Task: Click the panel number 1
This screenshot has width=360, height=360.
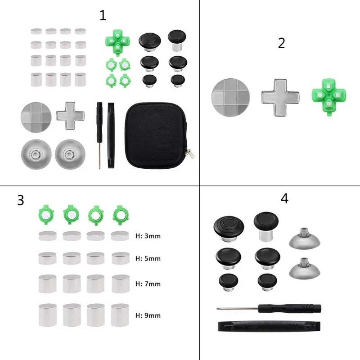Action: click(x=103, y=16)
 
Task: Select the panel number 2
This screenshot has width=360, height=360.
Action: click(x=282, y=43)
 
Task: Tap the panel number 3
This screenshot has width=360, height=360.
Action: click(x=20, y=200)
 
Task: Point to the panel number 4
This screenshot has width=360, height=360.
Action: click(x=284, y=198)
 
